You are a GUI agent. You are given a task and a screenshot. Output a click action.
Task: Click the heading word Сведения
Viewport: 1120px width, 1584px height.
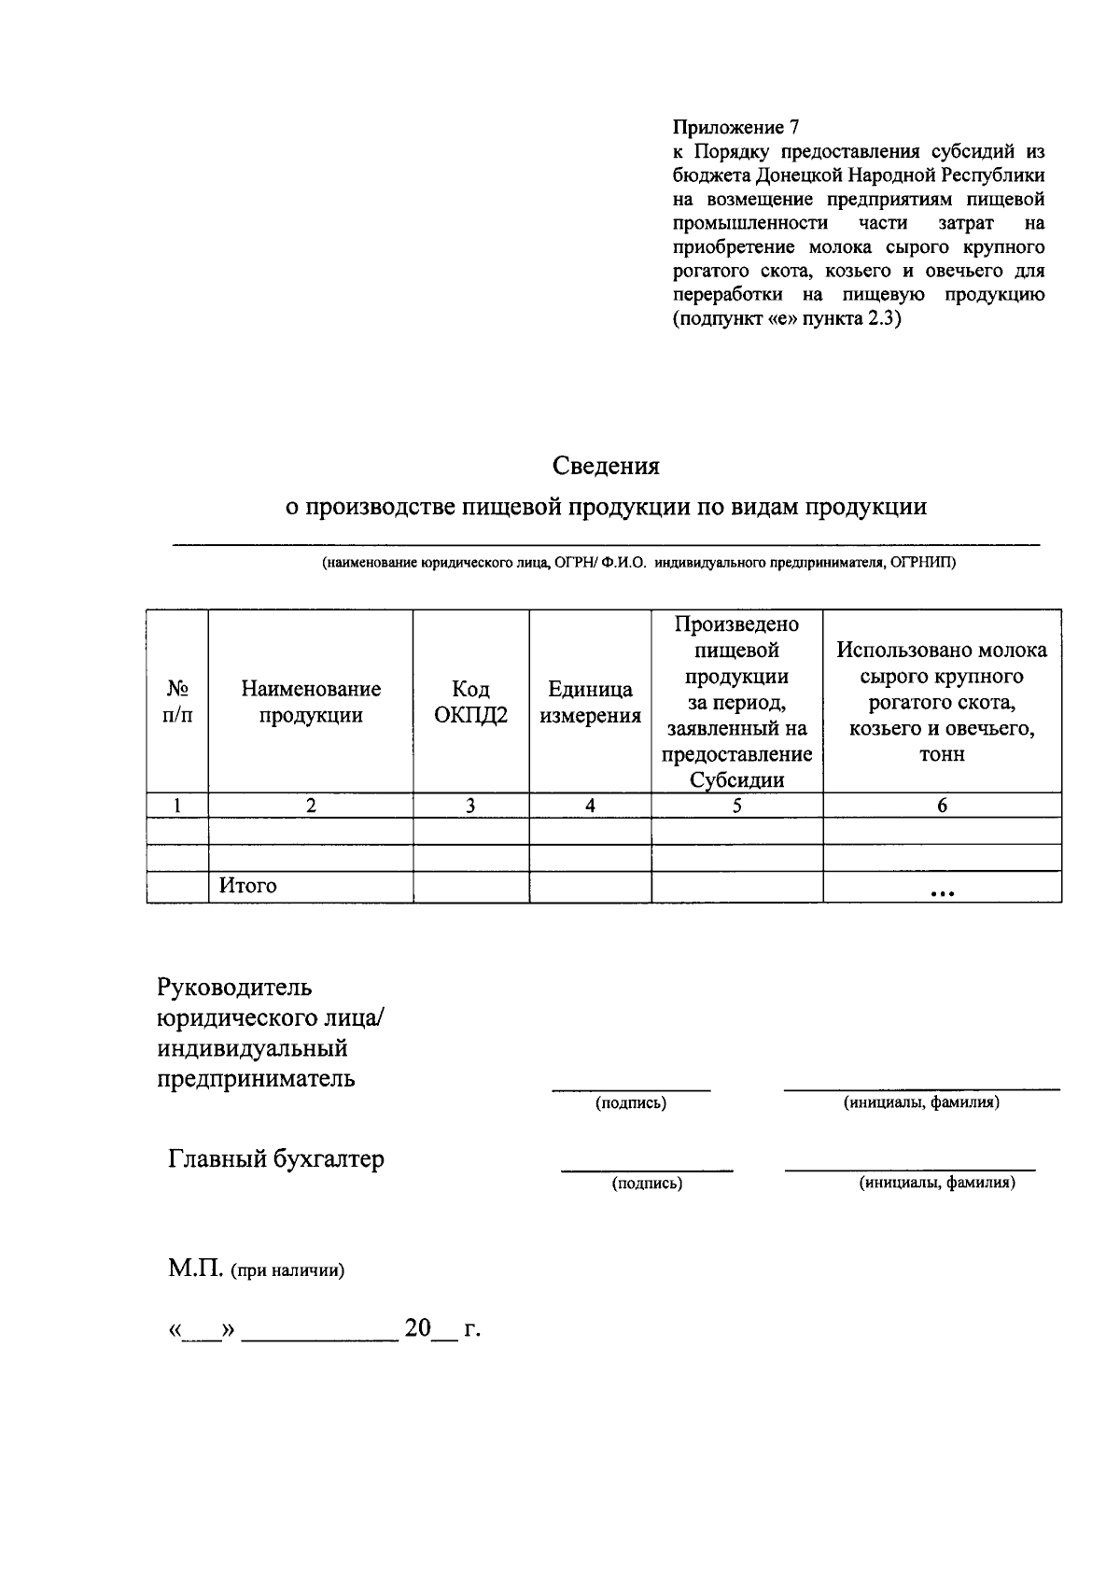point(605,465)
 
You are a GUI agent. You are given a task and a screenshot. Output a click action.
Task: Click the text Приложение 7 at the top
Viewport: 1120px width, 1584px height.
point(735,127)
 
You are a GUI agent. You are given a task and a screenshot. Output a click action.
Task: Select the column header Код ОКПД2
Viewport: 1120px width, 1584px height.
point(470,702)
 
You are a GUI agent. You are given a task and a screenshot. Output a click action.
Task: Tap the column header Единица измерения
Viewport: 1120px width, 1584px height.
point(590,702)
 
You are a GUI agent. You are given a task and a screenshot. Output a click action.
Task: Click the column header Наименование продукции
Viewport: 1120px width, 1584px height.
point(311,702)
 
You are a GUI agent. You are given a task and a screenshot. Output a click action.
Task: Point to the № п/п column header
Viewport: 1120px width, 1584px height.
point(177,702)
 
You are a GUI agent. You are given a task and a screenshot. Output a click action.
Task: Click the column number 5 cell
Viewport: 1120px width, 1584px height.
point(736,806)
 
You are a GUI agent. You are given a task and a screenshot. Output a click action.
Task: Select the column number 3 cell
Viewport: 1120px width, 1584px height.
point(470,806)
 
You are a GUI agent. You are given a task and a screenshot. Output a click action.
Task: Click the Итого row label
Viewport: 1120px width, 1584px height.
point(247,886)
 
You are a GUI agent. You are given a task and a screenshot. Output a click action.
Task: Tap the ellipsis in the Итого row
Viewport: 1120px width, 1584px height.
point(942,893)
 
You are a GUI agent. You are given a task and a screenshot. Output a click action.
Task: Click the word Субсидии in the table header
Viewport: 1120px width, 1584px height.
point(736,780)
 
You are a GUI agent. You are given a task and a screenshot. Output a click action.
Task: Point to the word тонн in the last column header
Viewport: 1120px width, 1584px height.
point(942,754)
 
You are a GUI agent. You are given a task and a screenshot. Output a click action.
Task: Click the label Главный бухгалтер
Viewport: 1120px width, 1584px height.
point(276,1159)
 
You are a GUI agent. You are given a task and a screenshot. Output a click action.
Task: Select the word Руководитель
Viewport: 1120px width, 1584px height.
point(234,987)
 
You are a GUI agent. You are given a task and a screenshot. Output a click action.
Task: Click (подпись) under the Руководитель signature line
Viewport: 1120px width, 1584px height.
point(631,1103)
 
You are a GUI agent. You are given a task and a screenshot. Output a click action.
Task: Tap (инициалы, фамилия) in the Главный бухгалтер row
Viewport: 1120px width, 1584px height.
point(936,1183)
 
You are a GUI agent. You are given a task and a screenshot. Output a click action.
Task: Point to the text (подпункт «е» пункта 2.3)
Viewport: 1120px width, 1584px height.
point(787,319)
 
